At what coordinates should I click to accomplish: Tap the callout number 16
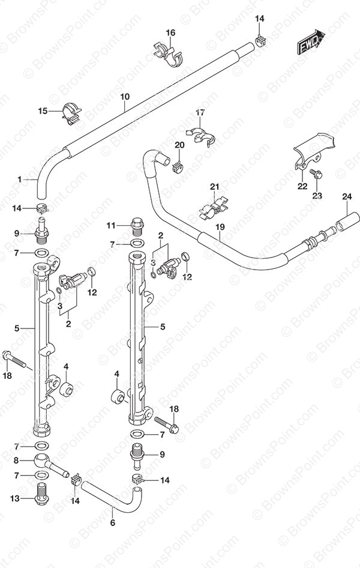coord(170,33)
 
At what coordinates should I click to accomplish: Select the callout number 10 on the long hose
coord(125,97)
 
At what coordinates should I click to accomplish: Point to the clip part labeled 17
coord(201,136)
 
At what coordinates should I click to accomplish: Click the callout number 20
coord(179,145)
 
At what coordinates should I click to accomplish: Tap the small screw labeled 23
coord(316,175)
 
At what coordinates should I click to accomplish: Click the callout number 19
coord(220,227)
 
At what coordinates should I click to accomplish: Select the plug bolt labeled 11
coord(137,226)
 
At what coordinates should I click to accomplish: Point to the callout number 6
coord(113,522)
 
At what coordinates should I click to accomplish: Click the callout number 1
coord(20,180)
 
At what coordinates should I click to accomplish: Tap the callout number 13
coord(15,499)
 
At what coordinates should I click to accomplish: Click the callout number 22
coord(302,186)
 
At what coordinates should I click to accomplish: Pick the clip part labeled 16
coord(168,54)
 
